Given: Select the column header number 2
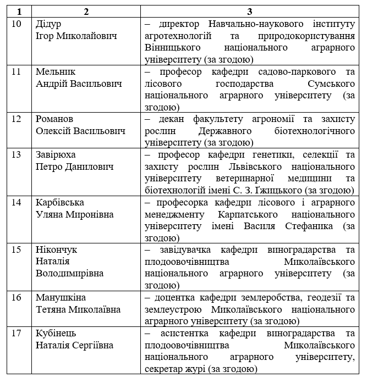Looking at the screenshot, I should (86, 12).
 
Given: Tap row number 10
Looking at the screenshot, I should (18, 25).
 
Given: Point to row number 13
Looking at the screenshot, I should (18, 154).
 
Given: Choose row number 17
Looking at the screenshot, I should (18, 334).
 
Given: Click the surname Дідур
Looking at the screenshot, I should (48, 25).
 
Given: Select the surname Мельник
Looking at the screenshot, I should (56, 72).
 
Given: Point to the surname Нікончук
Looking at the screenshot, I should (56, 249).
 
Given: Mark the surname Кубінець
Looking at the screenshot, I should (56, 334).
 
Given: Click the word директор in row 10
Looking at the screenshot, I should (178, 25).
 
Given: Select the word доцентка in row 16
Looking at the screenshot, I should (176, 297).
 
